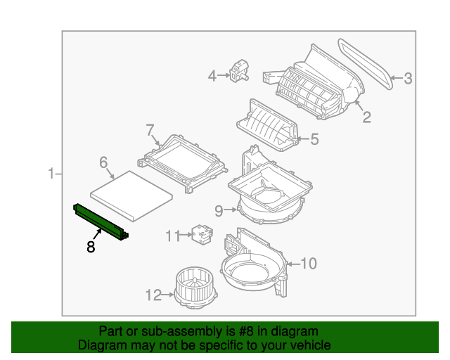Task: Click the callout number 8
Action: pos(91,247)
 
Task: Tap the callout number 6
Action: pos(103,162)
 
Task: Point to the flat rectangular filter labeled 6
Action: pos(131,196)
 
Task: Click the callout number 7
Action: pos(150,130)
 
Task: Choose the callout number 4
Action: pos(212,76)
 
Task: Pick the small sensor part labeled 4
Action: pos(239,70)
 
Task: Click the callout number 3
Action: pos(408,78)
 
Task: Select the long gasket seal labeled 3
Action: pos(365,64)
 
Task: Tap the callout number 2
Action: pos(367,117)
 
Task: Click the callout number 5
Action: pos(314,139)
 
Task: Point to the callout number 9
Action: pos(219,211)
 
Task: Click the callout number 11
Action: pos(173,236)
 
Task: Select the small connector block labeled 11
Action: pos(202,235)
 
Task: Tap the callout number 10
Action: pos(309,263)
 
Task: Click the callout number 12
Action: pos(153,295)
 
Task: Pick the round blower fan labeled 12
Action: pos(196,288)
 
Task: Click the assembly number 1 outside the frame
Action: pos(51,174)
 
